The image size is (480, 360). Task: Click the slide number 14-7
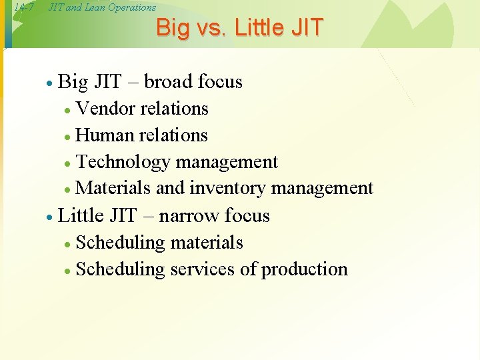click(23, 7)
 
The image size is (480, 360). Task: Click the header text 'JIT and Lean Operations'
click(102, 7)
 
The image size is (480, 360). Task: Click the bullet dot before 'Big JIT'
click(49, 83)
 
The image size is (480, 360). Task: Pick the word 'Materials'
click(113, 188)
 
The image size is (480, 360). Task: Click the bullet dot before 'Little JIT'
click(49, 217)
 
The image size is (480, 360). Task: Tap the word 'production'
click(304, 269)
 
